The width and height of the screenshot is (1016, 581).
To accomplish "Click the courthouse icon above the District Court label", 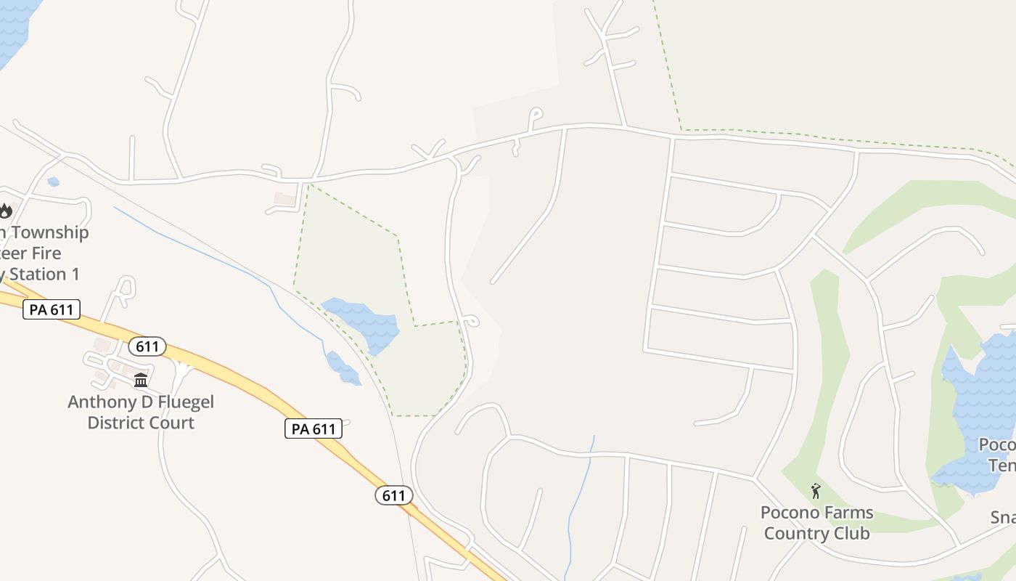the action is tap(141, 380).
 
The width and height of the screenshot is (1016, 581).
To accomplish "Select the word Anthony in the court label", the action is tap(99, 402).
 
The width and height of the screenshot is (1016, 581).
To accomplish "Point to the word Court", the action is tap(172, 423).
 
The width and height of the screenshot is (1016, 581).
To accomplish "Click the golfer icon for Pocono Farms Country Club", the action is tap(816, 491).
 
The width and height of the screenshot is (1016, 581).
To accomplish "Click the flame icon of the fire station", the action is tap(6, 211).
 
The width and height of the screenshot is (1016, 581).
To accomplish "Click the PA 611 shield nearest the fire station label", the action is tap(51, 310).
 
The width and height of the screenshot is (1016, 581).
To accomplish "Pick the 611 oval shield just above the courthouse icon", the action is tap(147, 346).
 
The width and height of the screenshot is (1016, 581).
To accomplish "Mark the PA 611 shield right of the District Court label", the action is tap(313, 428).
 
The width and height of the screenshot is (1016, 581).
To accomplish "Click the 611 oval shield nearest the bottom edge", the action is tap(393, 496).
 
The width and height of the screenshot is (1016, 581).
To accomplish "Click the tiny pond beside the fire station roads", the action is tap(53, 182).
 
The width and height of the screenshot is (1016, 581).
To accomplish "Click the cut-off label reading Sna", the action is tap(1003, 518).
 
